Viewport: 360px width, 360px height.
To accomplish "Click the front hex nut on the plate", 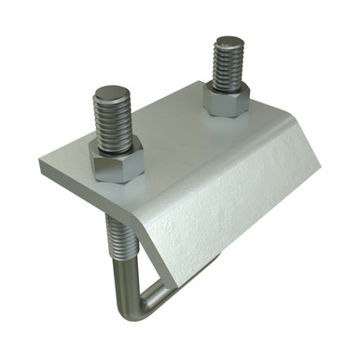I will (x=118, y=163).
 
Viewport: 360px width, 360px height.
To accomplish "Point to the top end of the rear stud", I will (x=228, y=41).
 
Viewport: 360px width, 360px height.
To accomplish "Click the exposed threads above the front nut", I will (x=115, y=121).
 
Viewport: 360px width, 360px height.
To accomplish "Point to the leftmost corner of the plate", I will (x=40, y=164).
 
